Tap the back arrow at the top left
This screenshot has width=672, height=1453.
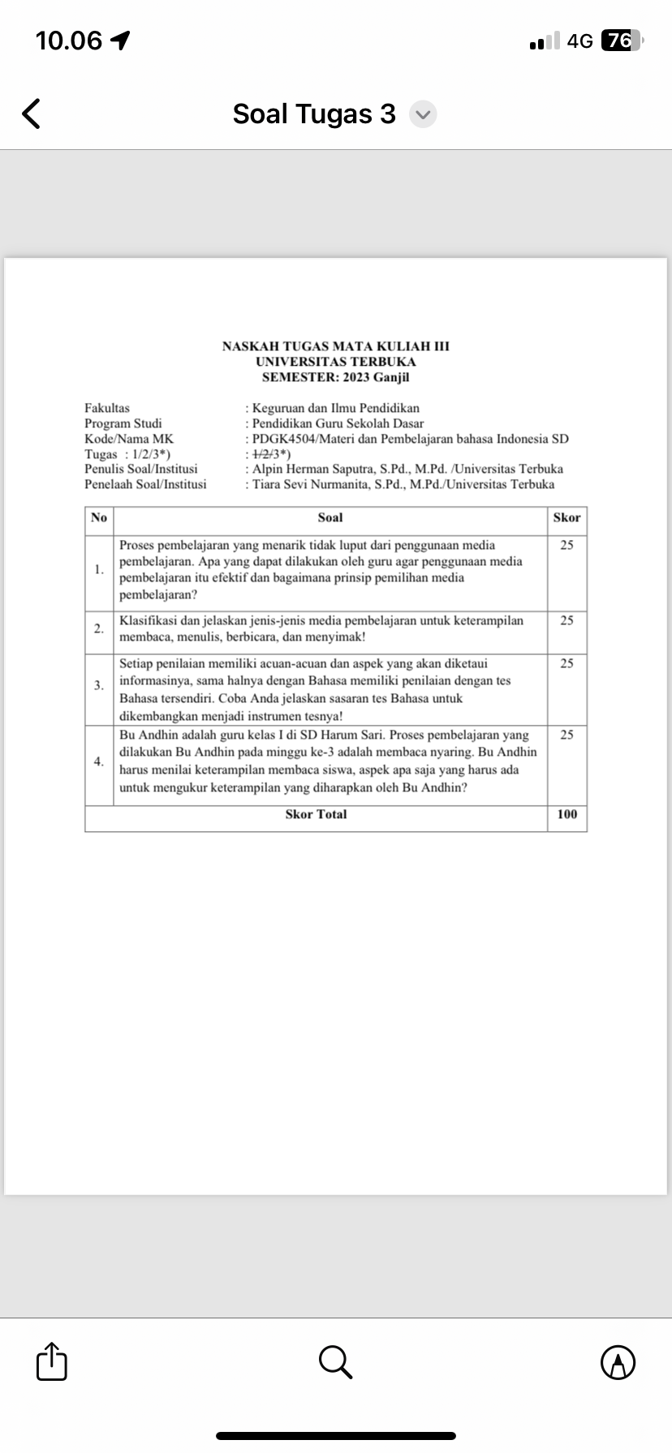click(31, 114)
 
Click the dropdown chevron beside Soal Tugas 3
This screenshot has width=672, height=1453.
click(423, 114)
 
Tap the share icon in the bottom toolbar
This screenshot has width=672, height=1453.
click(51, 1361)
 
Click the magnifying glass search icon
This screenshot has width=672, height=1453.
click(335, 1361)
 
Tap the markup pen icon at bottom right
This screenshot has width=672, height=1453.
click(618, 1361)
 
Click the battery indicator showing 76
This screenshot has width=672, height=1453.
click(621, 41)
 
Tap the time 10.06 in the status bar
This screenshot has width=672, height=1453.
click(69, 41)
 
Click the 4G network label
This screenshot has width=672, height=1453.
click(580, 41)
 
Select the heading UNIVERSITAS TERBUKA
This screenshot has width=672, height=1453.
click(335, 362)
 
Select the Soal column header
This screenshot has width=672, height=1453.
click(330, 517)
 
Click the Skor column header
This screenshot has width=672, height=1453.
click(566, 517)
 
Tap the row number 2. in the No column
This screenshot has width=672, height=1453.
click(98, 628)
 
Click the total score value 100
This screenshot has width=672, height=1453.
click(567, 814)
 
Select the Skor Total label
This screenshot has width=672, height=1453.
click(316, 814)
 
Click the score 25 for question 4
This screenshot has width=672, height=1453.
click(566, 735)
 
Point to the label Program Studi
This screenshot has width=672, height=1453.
click(123, 423)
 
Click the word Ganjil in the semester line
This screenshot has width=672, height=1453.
click(391, 377)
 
